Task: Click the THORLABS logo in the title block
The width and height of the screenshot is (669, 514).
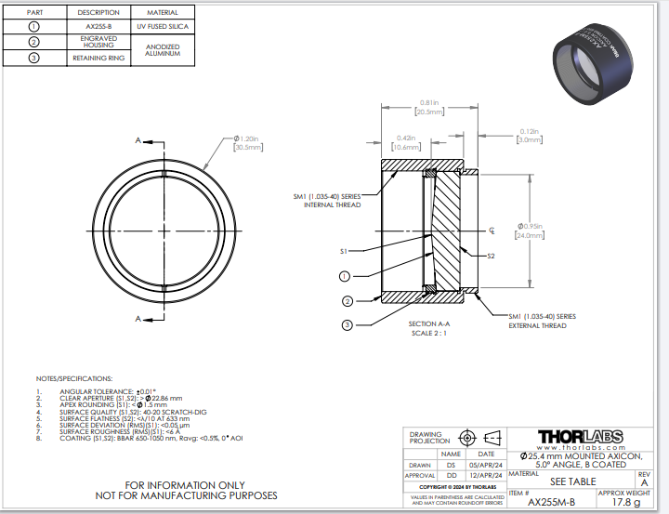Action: tap(573, 437)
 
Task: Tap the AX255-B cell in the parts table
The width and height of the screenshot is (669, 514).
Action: tap(98, 26)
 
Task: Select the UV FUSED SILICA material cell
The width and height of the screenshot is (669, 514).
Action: tap(164, 26)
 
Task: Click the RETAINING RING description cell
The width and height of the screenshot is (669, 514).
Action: tap(98, 58)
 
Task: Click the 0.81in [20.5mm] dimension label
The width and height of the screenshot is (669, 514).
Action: tap(428, 107)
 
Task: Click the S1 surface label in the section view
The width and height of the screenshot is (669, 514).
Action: tap(343, 251)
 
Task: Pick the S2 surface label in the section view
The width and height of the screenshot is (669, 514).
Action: tap(492, 256)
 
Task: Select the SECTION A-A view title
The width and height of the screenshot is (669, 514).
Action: tap(428, 323)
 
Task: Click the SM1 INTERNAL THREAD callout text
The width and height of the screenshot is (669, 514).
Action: tap(332, 200)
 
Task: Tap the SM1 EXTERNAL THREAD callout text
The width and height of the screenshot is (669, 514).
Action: tap(542, 321)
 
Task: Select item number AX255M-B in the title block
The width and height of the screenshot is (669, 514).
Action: tap(552, 502)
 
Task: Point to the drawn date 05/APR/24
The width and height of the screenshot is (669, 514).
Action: tap(486, 464)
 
